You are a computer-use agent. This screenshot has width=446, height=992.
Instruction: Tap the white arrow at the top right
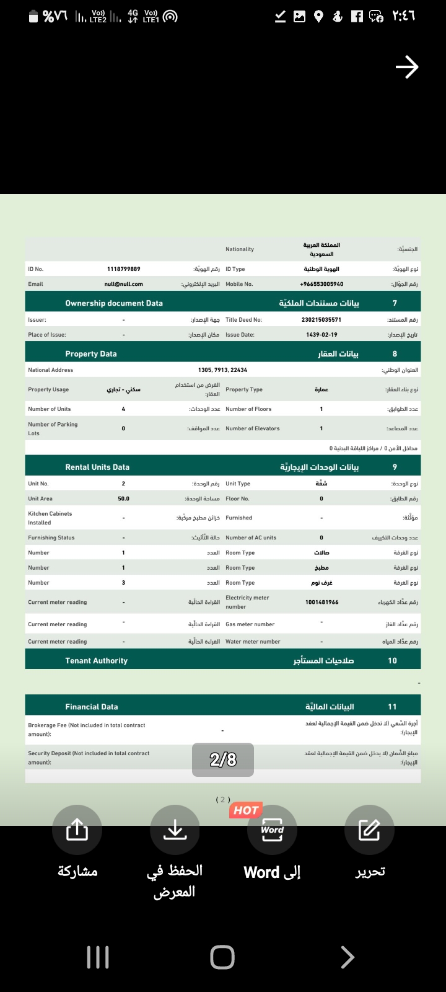(x=407, y=67)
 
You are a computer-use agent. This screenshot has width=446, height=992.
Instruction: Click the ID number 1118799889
(x=124, y=269)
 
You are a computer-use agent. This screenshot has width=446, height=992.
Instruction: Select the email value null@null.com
(x=124, y=284)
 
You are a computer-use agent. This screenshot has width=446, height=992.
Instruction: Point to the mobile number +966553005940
(x=321, y=284)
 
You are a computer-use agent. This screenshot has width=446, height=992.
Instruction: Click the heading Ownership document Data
(x=114, y=303)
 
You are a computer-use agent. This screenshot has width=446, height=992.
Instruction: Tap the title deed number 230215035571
(x=321, y=320)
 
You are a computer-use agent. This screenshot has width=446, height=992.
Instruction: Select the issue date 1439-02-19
(x=321, y=335)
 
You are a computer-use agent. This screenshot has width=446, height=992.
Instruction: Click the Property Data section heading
(x=91, y=354)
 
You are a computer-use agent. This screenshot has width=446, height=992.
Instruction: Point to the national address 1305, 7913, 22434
(x=222, y=370)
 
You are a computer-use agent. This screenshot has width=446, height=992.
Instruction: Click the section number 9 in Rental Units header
(x=395, y=467)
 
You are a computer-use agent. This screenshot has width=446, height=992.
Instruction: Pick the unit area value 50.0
(x=124, y=498)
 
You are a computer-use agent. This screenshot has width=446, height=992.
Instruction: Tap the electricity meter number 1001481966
(x=321, y=602)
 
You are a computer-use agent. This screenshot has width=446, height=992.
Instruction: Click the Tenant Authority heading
(x=97, y=661)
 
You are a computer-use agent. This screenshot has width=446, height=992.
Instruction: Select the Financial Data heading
(x=92, y=707)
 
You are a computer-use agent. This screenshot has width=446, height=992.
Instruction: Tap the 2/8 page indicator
(x=223, y=759)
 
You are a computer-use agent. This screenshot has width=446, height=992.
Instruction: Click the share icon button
(x=77, y=830)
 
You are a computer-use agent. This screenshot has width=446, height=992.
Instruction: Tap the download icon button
(x=175, y=830)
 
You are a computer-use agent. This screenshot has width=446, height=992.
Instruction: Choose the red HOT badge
(x=246, y=810)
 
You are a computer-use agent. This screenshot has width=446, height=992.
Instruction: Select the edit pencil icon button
(x=369, y=830)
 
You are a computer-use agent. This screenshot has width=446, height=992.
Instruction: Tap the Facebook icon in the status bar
(x=357, y=17)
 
